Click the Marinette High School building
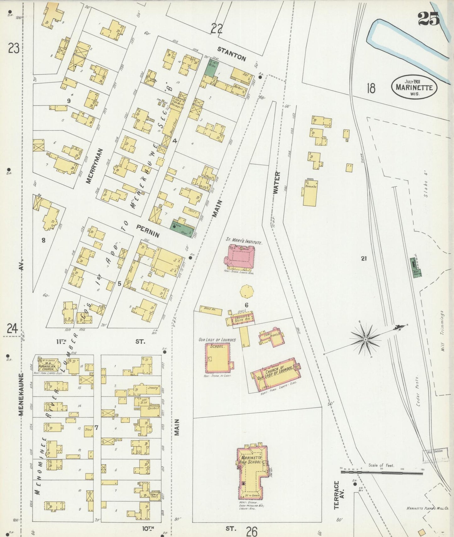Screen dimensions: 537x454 point(251,470)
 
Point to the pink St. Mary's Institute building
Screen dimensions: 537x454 point(241,257)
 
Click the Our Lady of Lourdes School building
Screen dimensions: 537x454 point(217,358)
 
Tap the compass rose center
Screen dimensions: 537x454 point(365,340)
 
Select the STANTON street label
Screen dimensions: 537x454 point(232,53)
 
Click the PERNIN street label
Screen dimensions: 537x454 point(148,230)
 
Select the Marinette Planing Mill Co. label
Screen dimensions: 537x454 point(428,508)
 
